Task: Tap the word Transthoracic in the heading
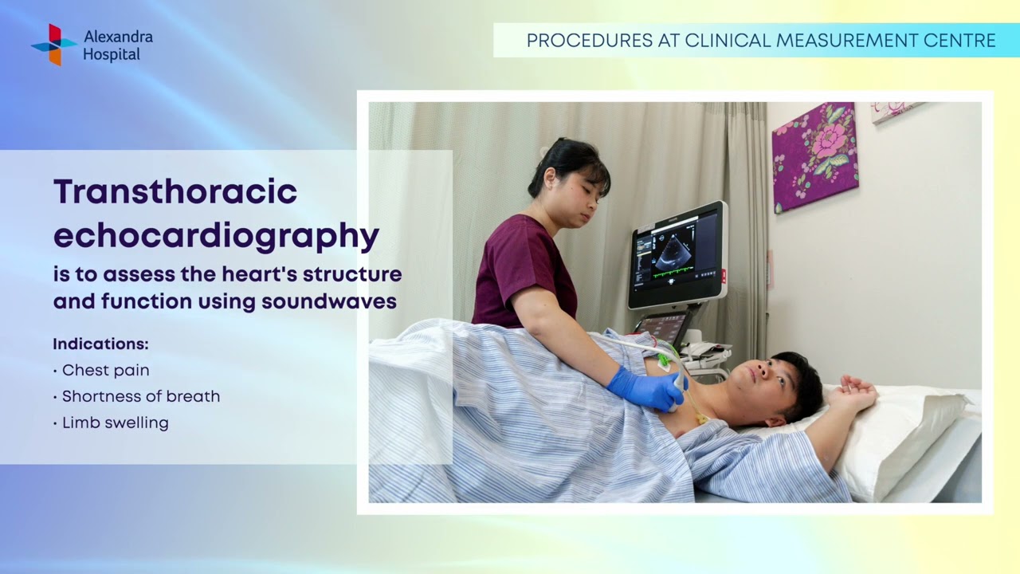pos(175,192)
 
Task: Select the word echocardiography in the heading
pos(216,235)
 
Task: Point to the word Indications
pos(100,344)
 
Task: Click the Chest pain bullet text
pos(105,370)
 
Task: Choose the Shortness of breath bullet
pos(140,396)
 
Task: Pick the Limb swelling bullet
pos(115,423)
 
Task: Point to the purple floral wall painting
pos(814,155)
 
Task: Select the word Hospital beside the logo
pos(112,55)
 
